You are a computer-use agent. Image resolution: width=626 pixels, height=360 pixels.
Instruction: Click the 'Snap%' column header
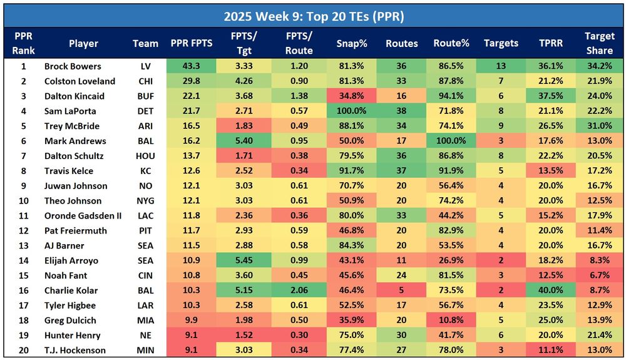[x=351, y=43]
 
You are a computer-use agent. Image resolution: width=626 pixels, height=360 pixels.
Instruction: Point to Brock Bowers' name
[x=73, y=66]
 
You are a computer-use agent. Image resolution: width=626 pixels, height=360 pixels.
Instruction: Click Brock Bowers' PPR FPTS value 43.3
[x=190, y=66]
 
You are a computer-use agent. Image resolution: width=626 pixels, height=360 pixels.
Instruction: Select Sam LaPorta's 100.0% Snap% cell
[x=351, y=111]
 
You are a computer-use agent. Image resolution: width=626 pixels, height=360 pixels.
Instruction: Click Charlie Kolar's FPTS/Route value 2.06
[x=299, y=291]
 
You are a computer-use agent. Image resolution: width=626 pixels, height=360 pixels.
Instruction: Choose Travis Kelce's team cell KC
[x=145, y=171]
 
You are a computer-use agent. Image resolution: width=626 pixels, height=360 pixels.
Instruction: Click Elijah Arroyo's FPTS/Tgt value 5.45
[x=245, y=260]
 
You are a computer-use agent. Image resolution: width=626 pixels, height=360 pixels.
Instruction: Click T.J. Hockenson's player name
[x=75, y=351]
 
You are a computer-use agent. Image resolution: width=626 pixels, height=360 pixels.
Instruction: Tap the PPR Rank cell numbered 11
[x=24, y=216]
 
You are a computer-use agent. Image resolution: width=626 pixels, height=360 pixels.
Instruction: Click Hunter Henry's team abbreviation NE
[x=145, y=336]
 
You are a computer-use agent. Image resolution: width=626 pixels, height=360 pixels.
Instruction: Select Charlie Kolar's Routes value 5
[x=401, y=291]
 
